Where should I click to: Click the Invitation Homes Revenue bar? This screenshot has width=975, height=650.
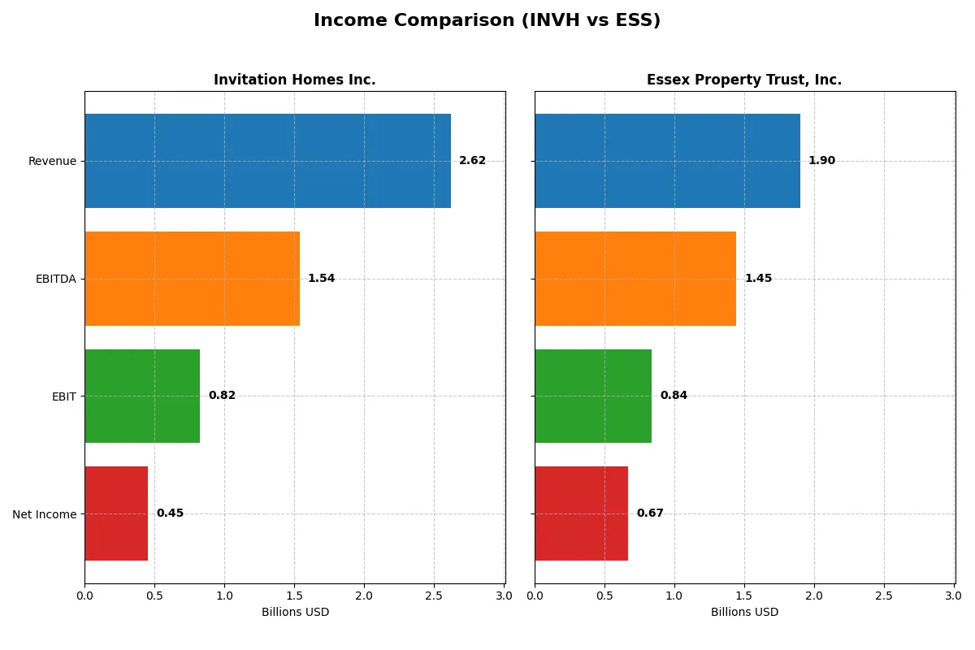pos(267,161)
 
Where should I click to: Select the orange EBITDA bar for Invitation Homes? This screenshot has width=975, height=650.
pos(192,279)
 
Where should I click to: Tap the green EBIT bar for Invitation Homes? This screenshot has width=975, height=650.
pos(142,396)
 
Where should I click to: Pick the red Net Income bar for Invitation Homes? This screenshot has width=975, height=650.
pos(116,513)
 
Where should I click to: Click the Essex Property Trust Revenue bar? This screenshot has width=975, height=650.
pos(667,161)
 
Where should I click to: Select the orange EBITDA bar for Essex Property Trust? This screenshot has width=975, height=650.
pos(635,279)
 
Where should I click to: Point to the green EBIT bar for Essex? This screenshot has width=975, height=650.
pos(593,396)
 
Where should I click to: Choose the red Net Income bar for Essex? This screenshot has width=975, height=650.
pos(581,513)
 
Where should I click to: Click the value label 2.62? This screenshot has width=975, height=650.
pos(472,161)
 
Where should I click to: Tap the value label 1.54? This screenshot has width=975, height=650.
pos(321,279)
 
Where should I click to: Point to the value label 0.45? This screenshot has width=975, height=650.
pos(170,513)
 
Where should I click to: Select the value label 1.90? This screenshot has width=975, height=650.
pos(821,161)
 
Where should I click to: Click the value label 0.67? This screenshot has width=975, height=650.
pos(650,513)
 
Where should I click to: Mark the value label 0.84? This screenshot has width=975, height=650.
pos(674,396)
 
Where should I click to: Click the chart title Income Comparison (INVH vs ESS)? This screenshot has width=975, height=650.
pos(487,21)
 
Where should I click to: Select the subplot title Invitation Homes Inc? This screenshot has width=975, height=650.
pos(294,80)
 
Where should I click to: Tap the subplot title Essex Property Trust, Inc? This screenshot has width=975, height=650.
pos(744,80)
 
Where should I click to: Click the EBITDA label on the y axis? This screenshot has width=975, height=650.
pos(55,279)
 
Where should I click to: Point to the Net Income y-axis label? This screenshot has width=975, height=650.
pos(44,513)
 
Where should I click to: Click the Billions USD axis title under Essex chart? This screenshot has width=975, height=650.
pos(744,612)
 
